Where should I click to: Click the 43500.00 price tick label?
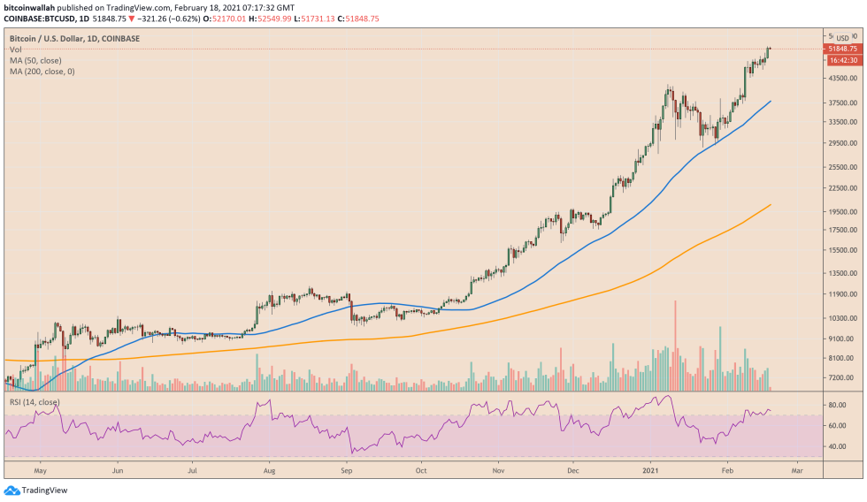click(840, 79)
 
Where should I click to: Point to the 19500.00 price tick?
click(840, 211)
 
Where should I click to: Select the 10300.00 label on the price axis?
click(840, 316)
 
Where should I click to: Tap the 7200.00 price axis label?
click(840, 377)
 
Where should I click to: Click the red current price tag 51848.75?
click(841, 49)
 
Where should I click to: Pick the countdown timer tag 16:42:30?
click(841, 60)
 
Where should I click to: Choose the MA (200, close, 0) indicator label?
click(42, 71)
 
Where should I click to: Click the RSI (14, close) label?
click(35, 402)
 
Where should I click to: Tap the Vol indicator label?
click(15, 49)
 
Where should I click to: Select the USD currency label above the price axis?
click(842, 38)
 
